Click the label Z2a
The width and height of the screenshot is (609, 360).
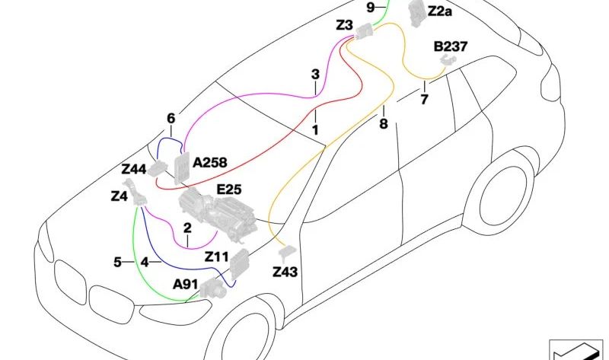440,11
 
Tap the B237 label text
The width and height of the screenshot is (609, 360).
451,46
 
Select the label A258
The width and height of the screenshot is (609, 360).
210,162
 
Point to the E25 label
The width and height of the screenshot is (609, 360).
229,190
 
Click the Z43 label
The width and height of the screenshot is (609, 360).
285,272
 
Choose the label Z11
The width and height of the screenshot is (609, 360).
216,256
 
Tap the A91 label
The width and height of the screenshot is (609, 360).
185,285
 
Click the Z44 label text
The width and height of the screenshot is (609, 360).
134,169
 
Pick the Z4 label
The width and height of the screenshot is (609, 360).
120,196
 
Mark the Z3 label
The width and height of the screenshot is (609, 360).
344,25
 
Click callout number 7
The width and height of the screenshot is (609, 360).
424,100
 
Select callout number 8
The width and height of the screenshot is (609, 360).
384,123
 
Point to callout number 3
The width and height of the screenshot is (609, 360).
315,74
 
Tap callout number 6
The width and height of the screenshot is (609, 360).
171,119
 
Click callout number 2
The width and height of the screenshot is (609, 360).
187,228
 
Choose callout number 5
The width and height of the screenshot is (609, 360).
117,262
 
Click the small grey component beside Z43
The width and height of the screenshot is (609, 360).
287,253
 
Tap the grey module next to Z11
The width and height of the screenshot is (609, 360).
240,263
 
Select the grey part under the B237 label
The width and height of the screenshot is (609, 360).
448,60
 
